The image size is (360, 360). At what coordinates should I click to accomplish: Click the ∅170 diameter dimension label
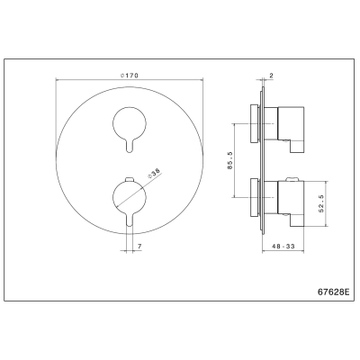(130, 76)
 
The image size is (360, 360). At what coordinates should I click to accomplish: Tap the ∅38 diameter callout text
(155, 174)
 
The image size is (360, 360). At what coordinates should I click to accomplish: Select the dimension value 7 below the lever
(139, 247)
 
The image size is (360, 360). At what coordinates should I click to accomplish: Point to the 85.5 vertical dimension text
(230, 160)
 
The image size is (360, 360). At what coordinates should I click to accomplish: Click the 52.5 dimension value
(321, 203)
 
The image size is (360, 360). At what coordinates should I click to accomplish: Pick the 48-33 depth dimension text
(283, 247)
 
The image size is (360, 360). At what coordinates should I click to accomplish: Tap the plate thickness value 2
(271, 76)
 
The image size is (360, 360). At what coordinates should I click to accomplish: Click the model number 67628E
(333, 292)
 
